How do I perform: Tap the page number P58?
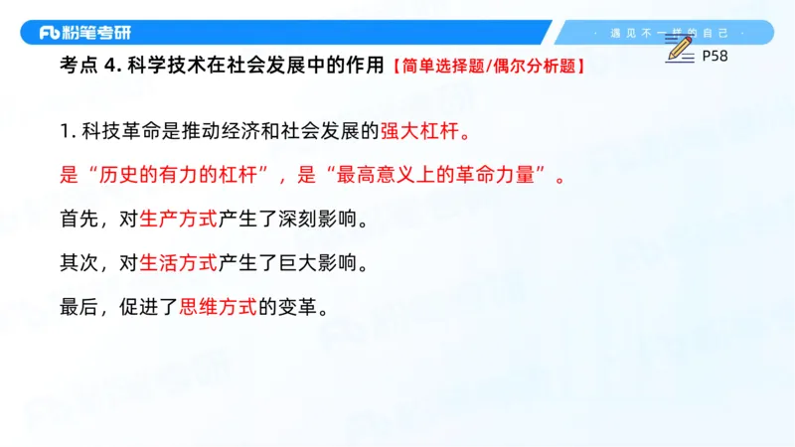coord(715,56)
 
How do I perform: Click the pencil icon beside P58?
coord(680,49)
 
